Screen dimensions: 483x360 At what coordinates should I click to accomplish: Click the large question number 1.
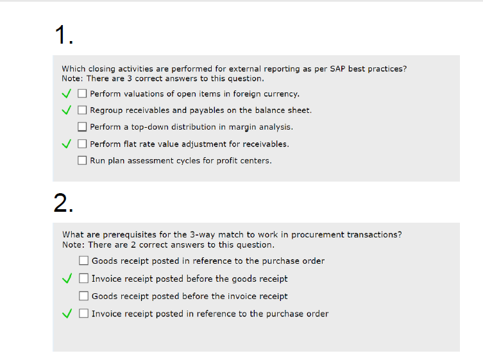click(x=64, y=35)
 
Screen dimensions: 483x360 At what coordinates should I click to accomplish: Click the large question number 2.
click(x=64, y=203)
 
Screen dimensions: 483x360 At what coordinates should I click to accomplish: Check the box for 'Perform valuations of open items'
click(x=82, y=94)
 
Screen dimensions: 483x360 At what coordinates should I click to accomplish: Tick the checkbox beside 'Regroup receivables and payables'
click(x=82, y=110)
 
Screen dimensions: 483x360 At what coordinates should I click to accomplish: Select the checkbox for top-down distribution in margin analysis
click(x=82, y=126)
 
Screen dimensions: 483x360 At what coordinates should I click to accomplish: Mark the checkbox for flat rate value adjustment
click(x=82, y=144)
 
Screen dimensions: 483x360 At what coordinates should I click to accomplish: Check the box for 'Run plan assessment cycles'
click(x=82, y=160)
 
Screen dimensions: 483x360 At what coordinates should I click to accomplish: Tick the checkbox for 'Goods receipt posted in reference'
click(x=83, y=261)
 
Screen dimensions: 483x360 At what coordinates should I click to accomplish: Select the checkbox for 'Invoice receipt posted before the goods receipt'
click(x=83, y=279)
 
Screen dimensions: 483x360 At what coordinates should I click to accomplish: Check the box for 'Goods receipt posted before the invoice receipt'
click(x=83, y=296)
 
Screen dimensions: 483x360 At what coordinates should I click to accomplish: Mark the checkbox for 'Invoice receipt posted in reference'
click(x=83, y=313)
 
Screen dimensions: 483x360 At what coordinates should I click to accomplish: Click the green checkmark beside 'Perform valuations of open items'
click(x=67, y=94)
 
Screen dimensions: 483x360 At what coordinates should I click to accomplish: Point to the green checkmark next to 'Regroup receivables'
click(x=67, y=110)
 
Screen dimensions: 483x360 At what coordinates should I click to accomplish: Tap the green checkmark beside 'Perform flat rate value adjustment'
click(x=67, y=144)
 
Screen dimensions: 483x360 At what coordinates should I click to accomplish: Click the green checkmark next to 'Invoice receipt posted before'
click(x=67, y=279)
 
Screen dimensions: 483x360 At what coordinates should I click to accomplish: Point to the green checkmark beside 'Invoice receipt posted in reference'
click(x=67, y=313)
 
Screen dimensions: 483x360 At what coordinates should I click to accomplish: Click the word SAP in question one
click(x=337, y=69)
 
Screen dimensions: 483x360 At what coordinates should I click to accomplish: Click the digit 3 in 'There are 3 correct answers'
click(x=130, y=78)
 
